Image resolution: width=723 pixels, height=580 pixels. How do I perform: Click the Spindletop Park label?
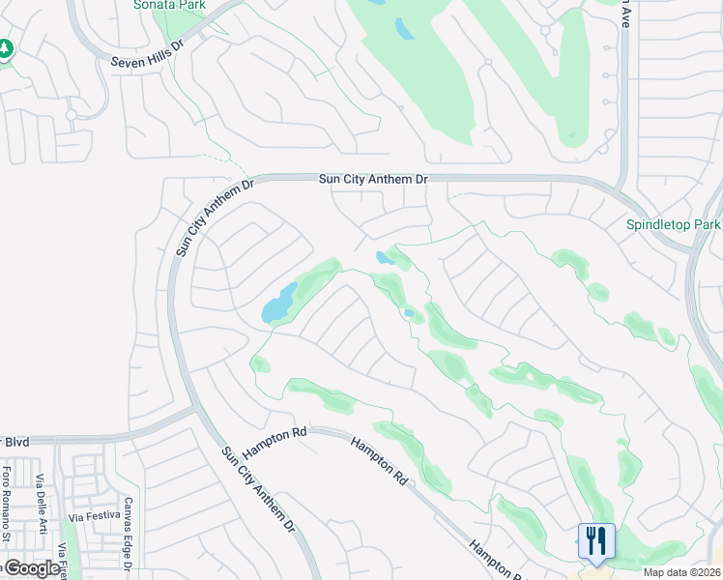[674, 224]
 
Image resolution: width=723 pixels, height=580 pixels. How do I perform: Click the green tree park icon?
[6, 48]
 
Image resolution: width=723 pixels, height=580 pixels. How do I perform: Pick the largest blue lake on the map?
[277, 304]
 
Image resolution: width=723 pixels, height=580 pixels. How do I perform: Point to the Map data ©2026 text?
[681, 572]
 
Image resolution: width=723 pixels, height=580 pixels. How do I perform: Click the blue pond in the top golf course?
[403, 29]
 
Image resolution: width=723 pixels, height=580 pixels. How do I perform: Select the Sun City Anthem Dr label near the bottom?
[255, 489]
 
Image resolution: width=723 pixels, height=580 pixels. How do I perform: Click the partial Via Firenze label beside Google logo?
[63, 561]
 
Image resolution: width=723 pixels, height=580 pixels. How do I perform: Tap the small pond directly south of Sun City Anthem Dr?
[384, 257]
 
